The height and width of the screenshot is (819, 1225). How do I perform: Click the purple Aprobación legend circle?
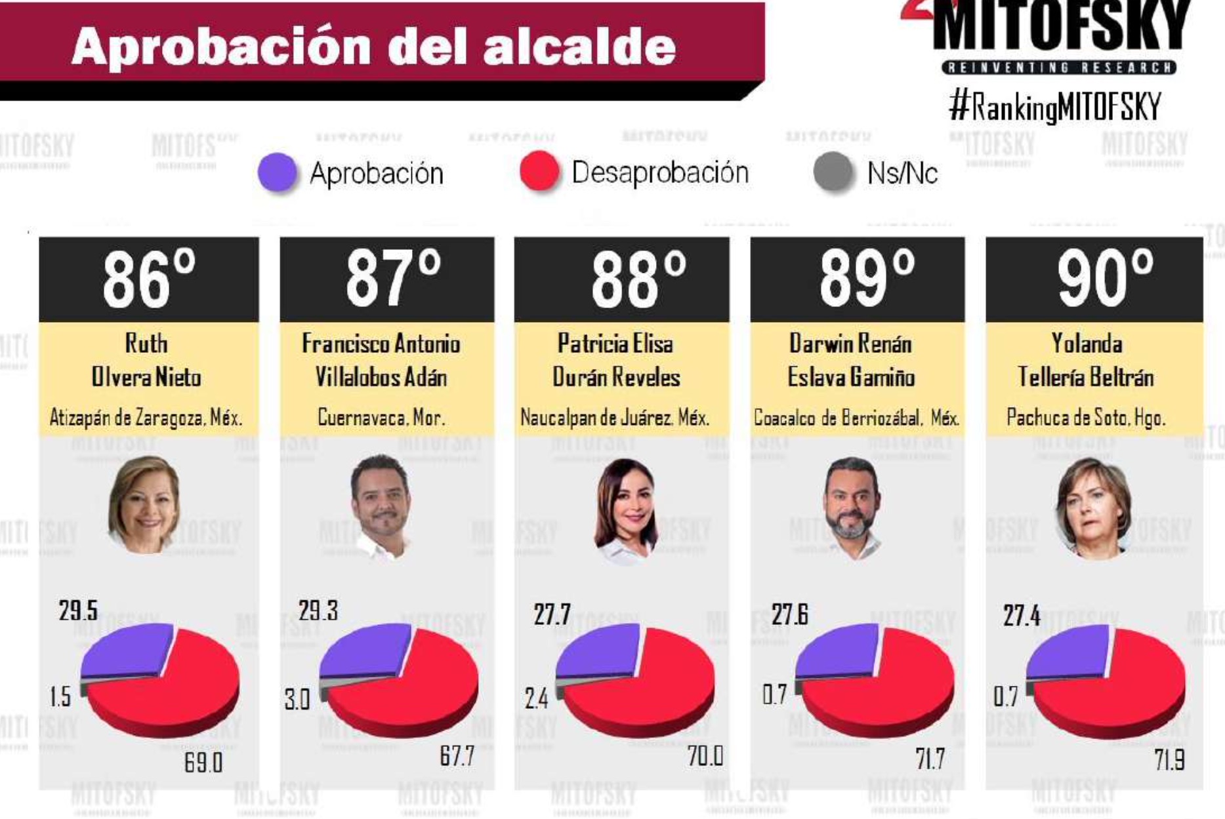(278, 172)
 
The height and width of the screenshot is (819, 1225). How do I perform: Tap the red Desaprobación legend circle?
(539, 171)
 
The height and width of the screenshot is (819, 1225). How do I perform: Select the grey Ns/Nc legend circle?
(833, 172)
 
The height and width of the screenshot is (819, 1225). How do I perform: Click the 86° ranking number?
(149, 280)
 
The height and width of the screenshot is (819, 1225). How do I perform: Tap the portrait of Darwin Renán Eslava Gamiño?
(851, 506)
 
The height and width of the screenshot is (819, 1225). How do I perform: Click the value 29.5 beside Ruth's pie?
(78, 610)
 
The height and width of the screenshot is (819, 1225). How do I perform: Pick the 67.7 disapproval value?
(457, 757)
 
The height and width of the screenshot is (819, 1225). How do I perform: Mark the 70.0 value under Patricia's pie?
(705, 756)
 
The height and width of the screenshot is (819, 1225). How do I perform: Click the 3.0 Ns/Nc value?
(297, 700)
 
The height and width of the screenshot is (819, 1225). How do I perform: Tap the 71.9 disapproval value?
(1169, 760)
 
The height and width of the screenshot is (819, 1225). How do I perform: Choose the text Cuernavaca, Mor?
(381, 417)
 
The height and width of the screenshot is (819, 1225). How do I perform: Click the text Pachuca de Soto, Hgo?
(1086, 417)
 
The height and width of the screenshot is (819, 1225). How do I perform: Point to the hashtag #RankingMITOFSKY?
(1054, 106)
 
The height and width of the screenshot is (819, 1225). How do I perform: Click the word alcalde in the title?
(579, 47)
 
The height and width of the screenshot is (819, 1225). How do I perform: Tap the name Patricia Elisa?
(615, 343)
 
